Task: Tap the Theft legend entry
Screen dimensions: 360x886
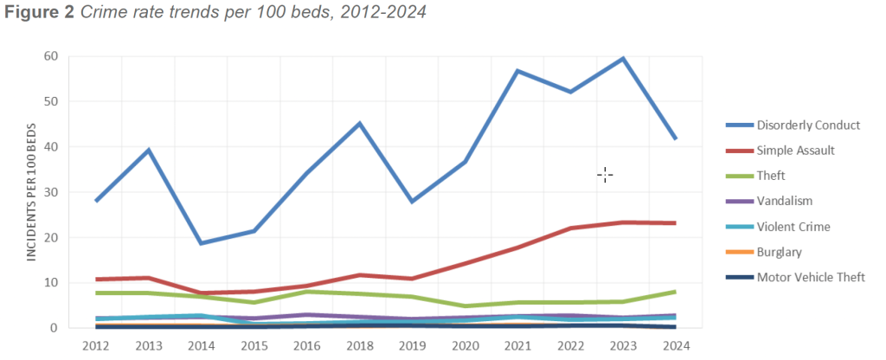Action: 771,176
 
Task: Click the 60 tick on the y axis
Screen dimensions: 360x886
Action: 51,57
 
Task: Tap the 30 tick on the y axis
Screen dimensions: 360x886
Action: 51,192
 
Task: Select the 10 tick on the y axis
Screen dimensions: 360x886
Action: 51,283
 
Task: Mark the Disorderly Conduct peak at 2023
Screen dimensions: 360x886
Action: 622,59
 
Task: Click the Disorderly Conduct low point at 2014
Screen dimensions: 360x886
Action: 202,243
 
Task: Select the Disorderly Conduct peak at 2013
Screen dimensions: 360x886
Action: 149,151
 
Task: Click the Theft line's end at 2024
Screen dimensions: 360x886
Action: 675,292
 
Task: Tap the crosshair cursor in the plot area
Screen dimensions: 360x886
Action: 605,176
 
